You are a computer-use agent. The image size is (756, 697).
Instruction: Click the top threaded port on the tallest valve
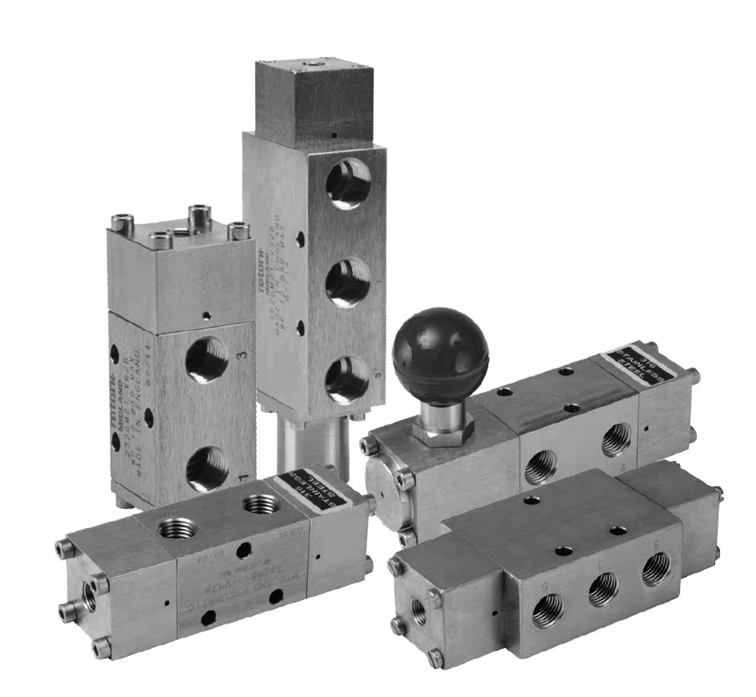click(x=348, y=184)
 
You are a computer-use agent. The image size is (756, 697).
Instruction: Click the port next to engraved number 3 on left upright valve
click(x=207, y=359)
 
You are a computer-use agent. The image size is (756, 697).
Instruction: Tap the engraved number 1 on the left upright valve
click(x=242, y=478)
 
